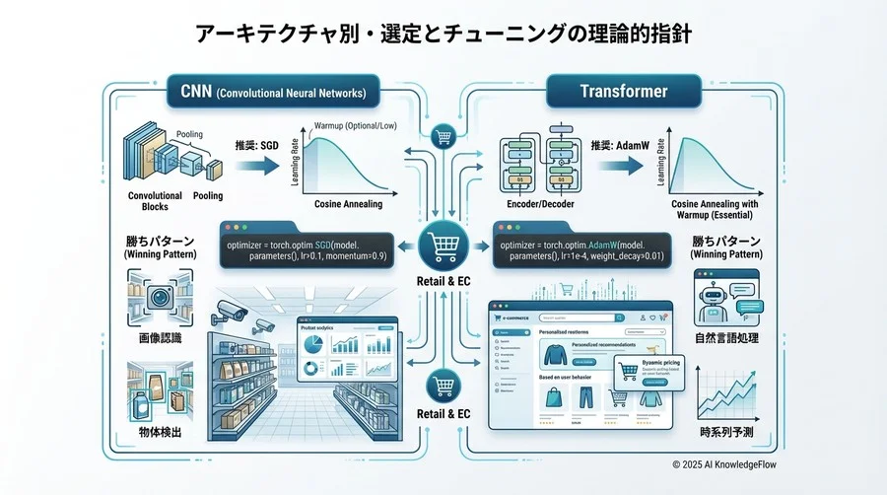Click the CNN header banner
[273, 94]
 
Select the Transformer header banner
[623, 92]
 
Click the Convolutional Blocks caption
[155, 201]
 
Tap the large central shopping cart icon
[442, 245]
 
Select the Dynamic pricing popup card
[647, 372]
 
